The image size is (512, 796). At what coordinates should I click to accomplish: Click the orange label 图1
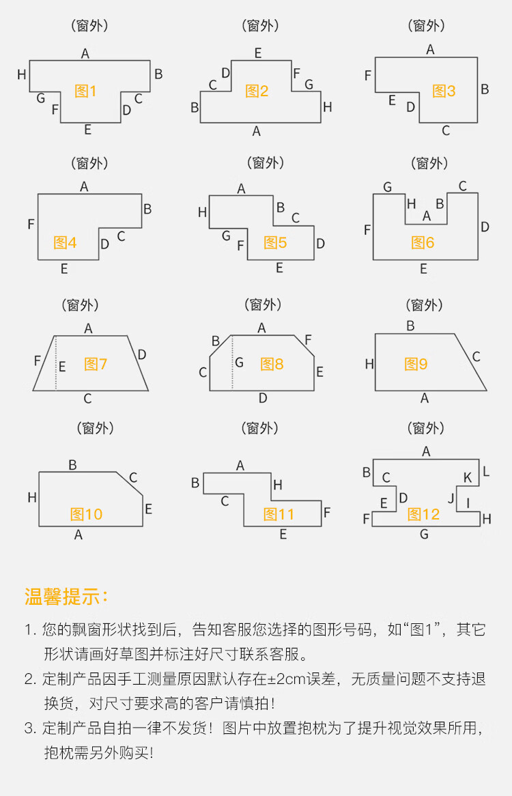click(x=86, y=91)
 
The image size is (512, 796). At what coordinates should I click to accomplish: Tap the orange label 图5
click(x=275, y=242)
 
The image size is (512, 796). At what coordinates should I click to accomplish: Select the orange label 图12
click(x=424, y=514)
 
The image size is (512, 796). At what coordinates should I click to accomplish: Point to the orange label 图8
click(x=272, y=364)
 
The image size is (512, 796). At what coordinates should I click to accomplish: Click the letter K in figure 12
click(x=468, y=478)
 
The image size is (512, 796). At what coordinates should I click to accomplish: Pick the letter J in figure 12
click(x=451, y=498)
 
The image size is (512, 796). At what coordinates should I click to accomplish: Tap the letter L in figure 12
click(x=486, y=471)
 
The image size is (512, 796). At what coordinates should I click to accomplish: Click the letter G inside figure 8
click(x=239, y=363)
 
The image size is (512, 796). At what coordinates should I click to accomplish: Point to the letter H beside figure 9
click(x=369, y=364)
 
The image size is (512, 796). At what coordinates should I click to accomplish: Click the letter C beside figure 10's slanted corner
click(x=133, y=478)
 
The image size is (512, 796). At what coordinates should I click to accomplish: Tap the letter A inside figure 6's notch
click(x=427, y=216)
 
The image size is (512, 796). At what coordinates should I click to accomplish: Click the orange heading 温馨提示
click(x=66, y=596)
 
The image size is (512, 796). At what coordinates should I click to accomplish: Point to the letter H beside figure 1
click(x=22, y=74)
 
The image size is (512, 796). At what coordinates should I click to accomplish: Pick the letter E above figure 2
click(x=258, y=53)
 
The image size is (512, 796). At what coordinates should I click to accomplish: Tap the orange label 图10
click(x=87, y=514)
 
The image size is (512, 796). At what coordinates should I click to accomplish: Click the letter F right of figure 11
click(x=327, y=512)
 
